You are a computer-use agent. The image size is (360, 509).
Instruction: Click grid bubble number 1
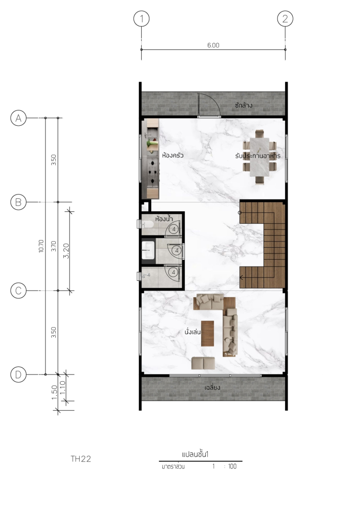(141, 19)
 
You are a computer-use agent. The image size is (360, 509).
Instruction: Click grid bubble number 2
(285, 19)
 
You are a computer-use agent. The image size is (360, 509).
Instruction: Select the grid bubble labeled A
(19, 118)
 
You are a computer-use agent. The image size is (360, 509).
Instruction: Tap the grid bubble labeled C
(19, 290)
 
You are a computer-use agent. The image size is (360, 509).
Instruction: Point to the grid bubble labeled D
(19, 374)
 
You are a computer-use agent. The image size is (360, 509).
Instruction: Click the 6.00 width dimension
(213, 46)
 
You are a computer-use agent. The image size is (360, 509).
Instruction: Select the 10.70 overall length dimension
(41, 246)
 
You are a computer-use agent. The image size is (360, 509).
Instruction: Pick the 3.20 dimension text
(66, 251)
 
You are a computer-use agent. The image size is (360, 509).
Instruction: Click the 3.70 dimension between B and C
(54, 246)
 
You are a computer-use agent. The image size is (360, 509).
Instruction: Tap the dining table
(259, 157)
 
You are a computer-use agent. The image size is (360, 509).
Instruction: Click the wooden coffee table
(207, 333)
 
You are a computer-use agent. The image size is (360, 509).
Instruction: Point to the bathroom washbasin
(148, 250)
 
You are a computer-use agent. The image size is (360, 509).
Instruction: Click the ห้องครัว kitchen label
(173, 155)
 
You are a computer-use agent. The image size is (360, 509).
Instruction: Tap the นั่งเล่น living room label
(192, 332)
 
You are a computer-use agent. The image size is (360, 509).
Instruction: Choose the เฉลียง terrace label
(213, 387)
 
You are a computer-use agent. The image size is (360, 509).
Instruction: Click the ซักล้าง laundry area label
(244, 105)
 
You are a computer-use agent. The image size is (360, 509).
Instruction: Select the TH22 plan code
(81, 459)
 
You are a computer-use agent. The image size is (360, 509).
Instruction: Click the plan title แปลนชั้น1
(195, 454)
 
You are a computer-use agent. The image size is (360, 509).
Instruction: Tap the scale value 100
(232, 466)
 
